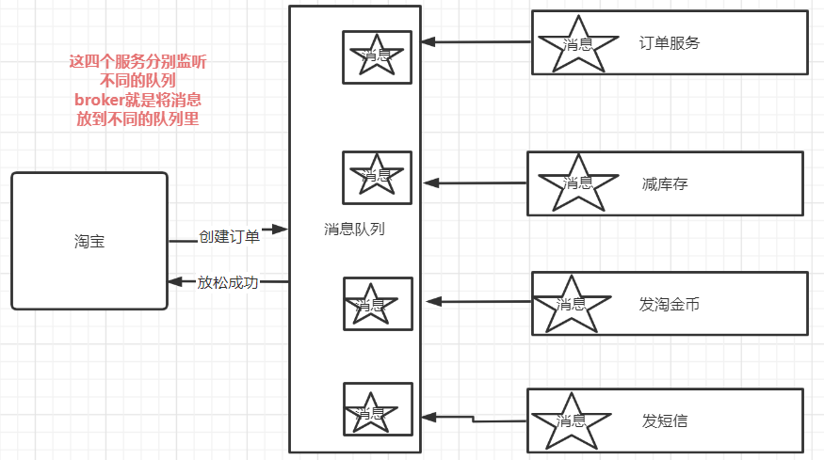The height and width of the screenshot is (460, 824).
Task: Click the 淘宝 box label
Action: click(x=89, y=241)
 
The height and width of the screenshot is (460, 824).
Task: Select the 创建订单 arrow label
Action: click(x=229, y=237)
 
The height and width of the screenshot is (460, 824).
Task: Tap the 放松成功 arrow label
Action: click(x=227, y=282)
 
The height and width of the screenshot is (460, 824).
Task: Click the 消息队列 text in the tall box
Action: click(x=354, y=229)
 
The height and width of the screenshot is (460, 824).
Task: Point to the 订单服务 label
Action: click(x=670, y=42)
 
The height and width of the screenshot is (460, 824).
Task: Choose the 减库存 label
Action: click(x=665, y=183)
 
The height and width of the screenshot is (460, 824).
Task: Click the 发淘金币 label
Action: click(x=669, y=304)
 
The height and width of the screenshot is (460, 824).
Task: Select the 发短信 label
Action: click(x=665, y=420)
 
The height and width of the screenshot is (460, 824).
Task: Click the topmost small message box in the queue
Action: click(x=377, y=56)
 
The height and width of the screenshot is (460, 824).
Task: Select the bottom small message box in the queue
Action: click(x=378, y=409)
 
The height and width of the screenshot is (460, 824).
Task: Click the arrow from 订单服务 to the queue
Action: click(x=476, y=42)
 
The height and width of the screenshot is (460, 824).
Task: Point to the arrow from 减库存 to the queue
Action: click(x=475, y=182)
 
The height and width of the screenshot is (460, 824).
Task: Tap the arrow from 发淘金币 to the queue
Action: click(x=478, y=302)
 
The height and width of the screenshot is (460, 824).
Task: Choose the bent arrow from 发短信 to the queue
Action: click(x=473, y=418)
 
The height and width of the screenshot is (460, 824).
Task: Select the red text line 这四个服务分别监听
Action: click(x=138, y=61)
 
